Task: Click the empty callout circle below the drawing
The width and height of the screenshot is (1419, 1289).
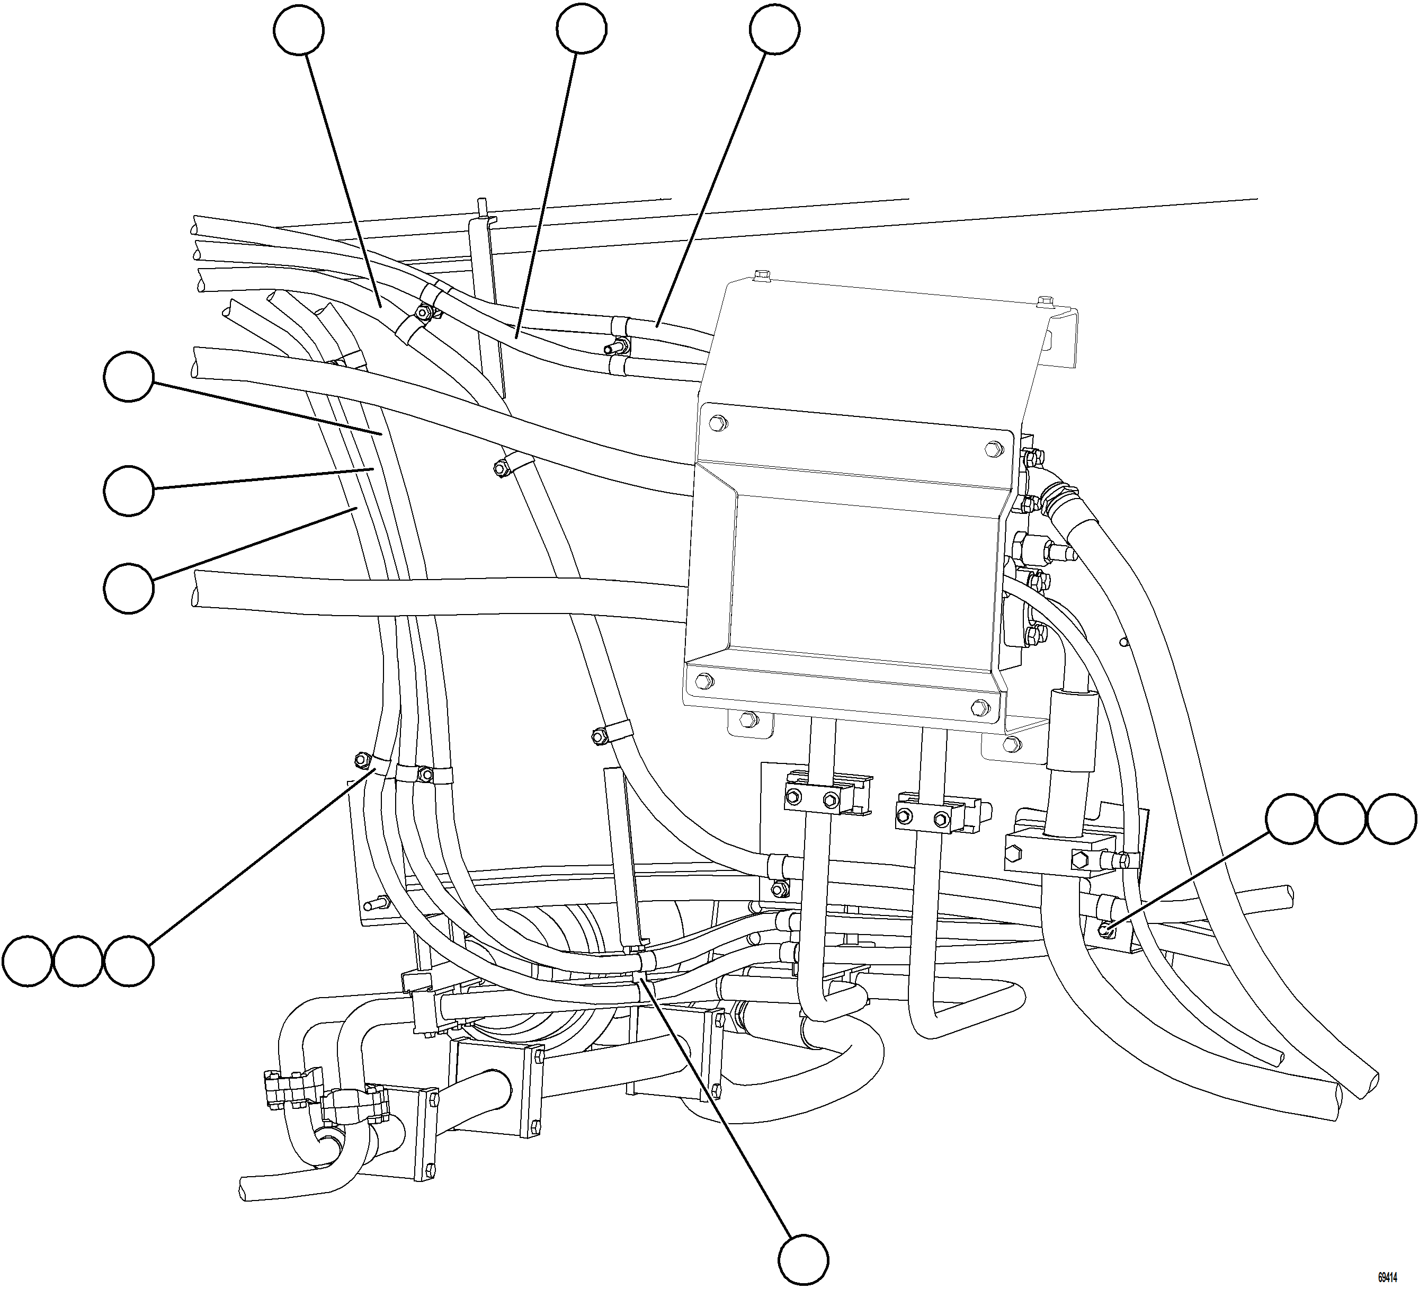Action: [x=803, y=1259]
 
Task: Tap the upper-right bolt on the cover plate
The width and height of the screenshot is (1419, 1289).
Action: [x=993, y=448]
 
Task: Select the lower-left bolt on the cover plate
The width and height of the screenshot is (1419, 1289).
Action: [x=704, y=681]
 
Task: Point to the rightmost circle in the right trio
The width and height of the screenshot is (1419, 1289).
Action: [x=1391, y=819]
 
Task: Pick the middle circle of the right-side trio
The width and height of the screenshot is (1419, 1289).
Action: [x=1341, y=819]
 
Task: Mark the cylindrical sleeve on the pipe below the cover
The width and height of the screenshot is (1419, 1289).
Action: [x=1072, y=732]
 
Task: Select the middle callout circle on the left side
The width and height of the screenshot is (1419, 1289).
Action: [x=128, y=490]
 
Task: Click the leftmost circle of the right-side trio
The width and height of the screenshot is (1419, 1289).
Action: [x=1290, y=819]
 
